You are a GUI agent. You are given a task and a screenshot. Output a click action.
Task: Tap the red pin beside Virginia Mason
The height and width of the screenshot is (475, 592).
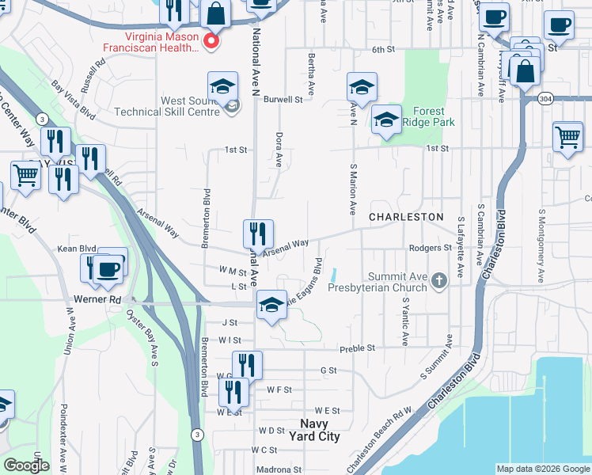click(x=211, y=42)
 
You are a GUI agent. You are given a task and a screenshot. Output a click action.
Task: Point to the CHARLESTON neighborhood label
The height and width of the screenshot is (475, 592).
click(x=407, y=216)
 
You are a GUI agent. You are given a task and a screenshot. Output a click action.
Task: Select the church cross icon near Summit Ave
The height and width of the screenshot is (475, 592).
click(x=438, y=278)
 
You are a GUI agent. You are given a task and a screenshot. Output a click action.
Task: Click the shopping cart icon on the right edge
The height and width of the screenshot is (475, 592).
click(x=568, y=139)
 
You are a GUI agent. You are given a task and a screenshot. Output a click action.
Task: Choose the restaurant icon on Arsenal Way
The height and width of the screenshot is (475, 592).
click(x=258, y=234)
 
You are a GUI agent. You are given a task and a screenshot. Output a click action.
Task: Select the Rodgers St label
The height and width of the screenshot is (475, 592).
click(x=430, y=248)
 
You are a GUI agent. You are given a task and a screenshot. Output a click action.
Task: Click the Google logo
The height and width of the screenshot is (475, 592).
click(x=26, y=465)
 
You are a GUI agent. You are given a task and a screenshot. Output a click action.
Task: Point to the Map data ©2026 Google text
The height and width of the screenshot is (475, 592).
click(x=542, y=469)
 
